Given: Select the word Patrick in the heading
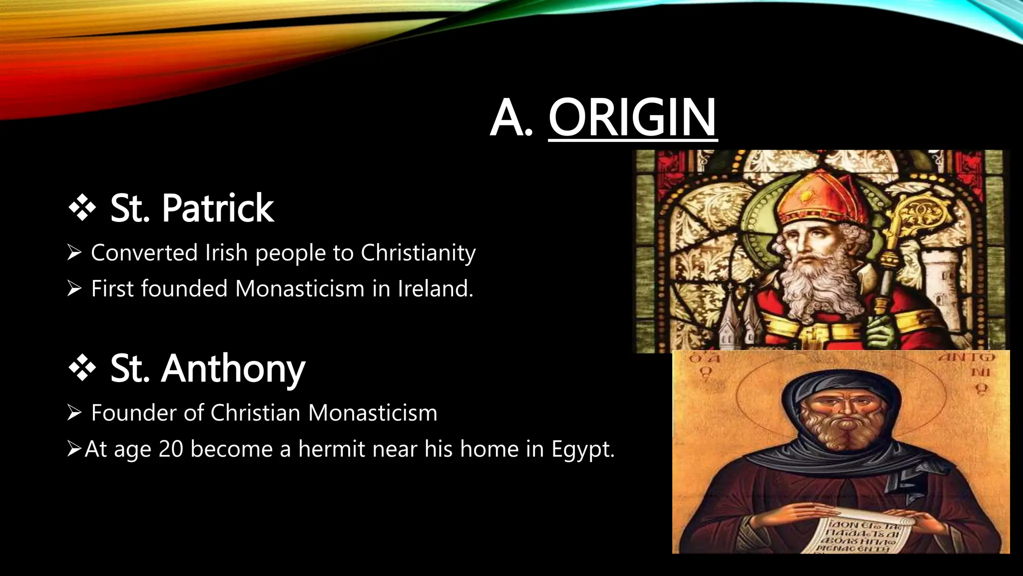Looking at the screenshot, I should point(218,208).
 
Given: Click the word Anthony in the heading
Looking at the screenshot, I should point(233,369).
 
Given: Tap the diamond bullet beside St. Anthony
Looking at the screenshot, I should point(82,368).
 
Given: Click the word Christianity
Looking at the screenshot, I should point(418,253).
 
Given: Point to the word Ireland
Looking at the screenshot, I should point(435,289).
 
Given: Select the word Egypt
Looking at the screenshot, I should point(582,449).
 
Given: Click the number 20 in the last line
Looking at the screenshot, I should point(171,449).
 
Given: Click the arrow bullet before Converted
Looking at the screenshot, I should point(74,253).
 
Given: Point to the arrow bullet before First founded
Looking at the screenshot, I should point(74,289).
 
